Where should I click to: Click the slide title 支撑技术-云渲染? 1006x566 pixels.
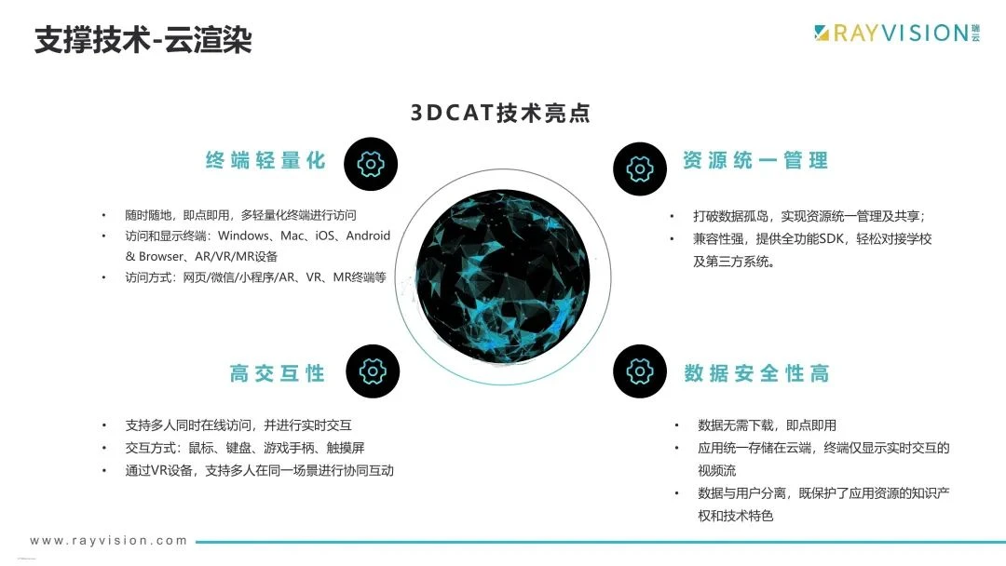click(143, 40)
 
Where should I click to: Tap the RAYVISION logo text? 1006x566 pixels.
click(901, 33)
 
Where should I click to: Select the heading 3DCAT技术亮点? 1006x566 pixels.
click(500, 113)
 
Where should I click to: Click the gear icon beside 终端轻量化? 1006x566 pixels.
click(371, 164)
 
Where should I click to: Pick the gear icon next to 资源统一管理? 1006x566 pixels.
click(640, 169)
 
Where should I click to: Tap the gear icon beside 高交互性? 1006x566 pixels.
click(373, 371)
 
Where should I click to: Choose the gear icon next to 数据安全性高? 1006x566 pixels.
click(640, 371)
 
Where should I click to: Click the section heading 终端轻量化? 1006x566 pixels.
click(265, 160)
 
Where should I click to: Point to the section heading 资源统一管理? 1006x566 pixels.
click(755, 160)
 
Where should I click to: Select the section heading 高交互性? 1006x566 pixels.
click(278, 373)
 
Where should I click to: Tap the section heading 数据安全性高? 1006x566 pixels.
click(756, 373)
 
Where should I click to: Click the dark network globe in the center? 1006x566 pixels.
click(503, 276)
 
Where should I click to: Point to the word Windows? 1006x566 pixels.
click(244, 236)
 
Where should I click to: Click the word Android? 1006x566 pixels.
click(368, 236)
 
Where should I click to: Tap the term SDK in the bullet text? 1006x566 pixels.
click(831, 238)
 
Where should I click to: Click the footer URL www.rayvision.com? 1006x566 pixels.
click(108, 540)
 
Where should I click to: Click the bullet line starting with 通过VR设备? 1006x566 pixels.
click(259, 470)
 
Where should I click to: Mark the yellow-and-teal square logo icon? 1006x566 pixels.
click(822, 33)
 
